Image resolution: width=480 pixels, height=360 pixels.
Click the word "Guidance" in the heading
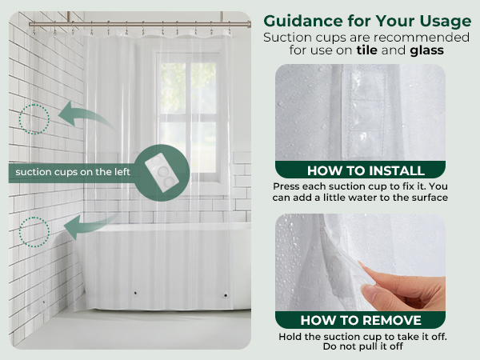(x=303, y=22)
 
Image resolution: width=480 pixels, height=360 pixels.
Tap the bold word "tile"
(x=366, y=50)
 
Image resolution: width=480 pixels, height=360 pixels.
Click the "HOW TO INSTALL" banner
(x=360, y=170)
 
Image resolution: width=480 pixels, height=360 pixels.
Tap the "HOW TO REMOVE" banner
(x=360, y=320)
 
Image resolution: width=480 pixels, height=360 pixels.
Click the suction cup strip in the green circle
(x=162, y=172)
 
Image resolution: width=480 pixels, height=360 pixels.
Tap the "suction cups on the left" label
(x=73, y=172)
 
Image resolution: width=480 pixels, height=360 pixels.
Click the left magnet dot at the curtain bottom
(x=135, y=293)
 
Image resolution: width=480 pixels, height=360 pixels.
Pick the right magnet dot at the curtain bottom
(x=226, y=295)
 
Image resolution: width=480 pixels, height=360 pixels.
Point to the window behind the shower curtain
(x=188, y=116)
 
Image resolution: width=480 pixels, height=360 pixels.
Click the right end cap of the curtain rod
(x=249, y=24)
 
